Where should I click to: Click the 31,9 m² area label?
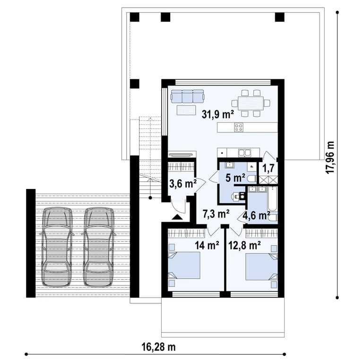218,114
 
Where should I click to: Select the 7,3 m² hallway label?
216,214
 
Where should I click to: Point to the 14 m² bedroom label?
207,246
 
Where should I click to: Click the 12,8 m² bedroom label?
245,245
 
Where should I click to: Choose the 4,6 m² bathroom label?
256,215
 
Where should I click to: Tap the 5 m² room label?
235,178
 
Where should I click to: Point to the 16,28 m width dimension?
159,347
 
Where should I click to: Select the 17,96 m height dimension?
330,157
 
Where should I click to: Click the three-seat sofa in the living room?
187,96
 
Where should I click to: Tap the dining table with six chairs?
251,103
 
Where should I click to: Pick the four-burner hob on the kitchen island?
239,127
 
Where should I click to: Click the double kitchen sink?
244,153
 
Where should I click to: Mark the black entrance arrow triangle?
177,217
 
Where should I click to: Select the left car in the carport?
57,247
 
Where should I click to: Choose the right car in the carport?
98,247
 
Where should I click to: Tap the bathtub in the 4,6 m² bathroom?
272,199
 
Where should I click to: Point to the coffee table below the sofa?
186,110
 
